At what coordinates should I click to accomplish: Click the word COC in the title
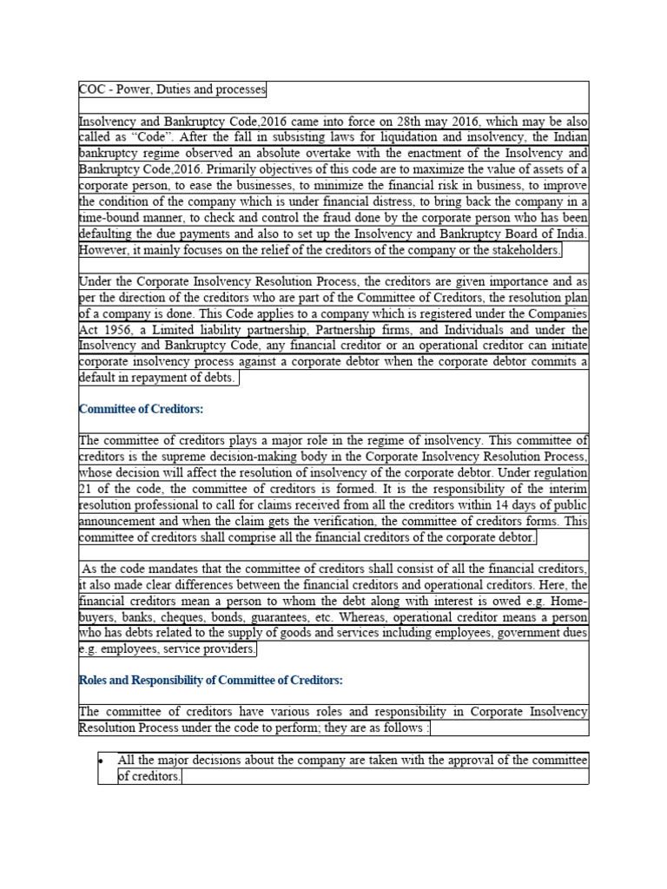point(91,90)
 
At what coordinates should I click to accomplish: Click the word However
point(104,250)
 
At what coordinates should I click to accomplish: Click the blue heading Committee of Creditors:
point(141,409)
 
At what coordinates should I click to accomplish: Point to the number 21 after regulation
point(86,489)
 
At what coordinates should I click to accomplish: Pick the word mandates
point(170,570)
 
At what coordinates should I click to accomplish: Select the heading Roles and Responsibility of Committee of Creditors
point(211,680)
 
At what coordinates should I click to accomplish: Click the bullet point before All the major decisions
point(102,761)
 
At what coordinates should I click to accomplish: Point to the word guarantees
point(290,617)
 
